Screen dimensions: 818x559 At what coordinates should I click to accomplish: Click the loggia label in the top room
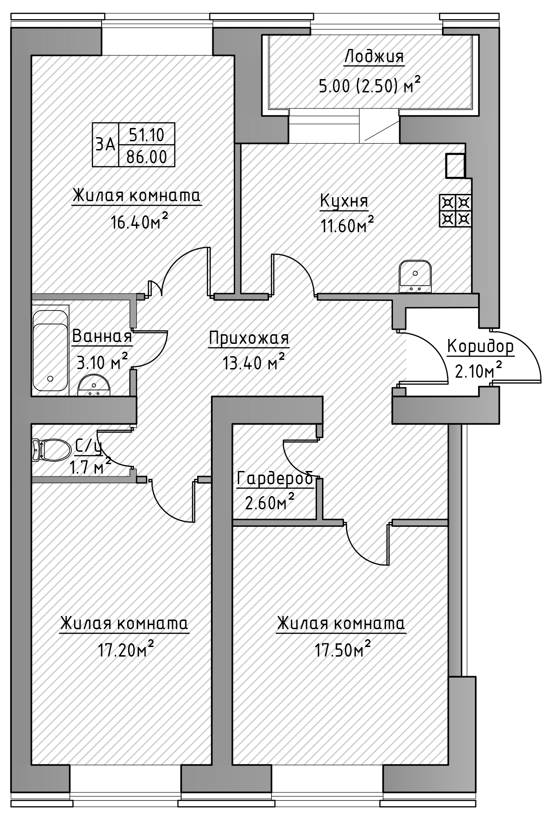coord(374,59)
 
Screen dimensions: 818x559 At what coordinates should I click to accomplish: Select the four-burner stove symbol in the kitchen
coord(454,210)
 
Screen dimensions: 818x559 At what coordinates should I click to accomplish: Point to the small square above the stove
coord(455,166)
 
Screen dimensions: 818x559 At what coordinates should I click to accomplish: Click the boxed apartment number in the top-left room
coord(134,144)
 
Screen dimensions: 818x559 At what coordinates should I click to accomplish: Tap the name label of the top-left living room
coord(136,198)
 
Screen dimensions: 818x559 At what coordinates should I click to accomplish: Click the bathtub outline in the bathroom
coord(50,348)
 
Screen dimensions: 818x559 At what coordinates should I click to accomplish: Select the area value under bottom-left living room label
coord(124,649)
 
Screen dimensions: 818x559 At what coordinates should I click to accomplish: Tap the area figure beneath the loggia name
coord(368,85)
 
